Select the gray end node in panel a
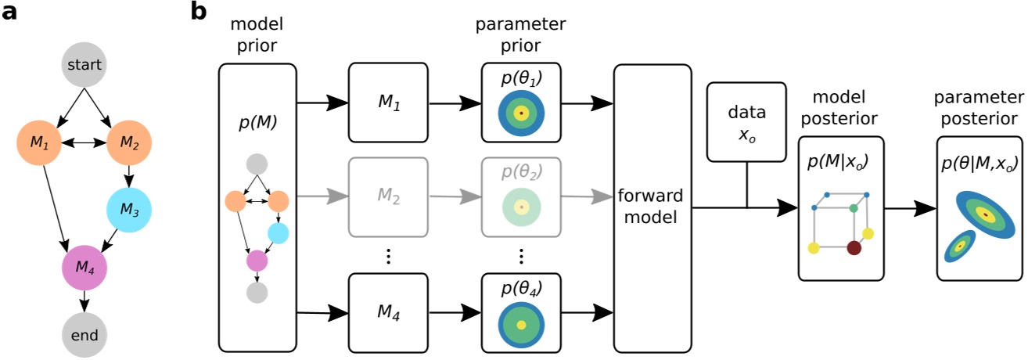pyautogui.click(x=84, y=336)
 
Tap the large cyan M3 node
pyautogui.click(x=129, y=210)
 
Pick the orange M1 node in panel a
pyautogui.click(x=39, y=144)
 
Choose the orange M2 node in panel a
pyautogui.click(x=128, y=144)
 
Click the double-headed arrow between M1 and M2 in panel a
pyautogui.click(x=84, y=144)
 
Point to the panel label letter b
pyautogui.click(x=199, y=13)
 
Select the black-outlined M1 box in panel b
pyautogui.click(x=388, y=103)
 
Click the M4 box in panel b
pyautogui.click(x=388, y=312)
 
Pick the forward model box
pyautogui.click(x=652, y=207)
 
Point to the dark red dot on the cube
pyautogui.click(x=854, y=248)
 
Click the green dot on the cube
pyautogui.click(x=854, y=208)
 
